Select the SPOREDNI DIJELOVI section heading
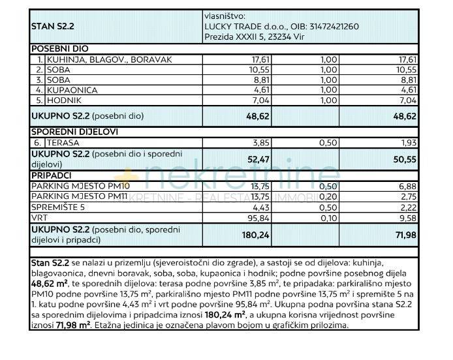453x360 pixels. tap(72, 131)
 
